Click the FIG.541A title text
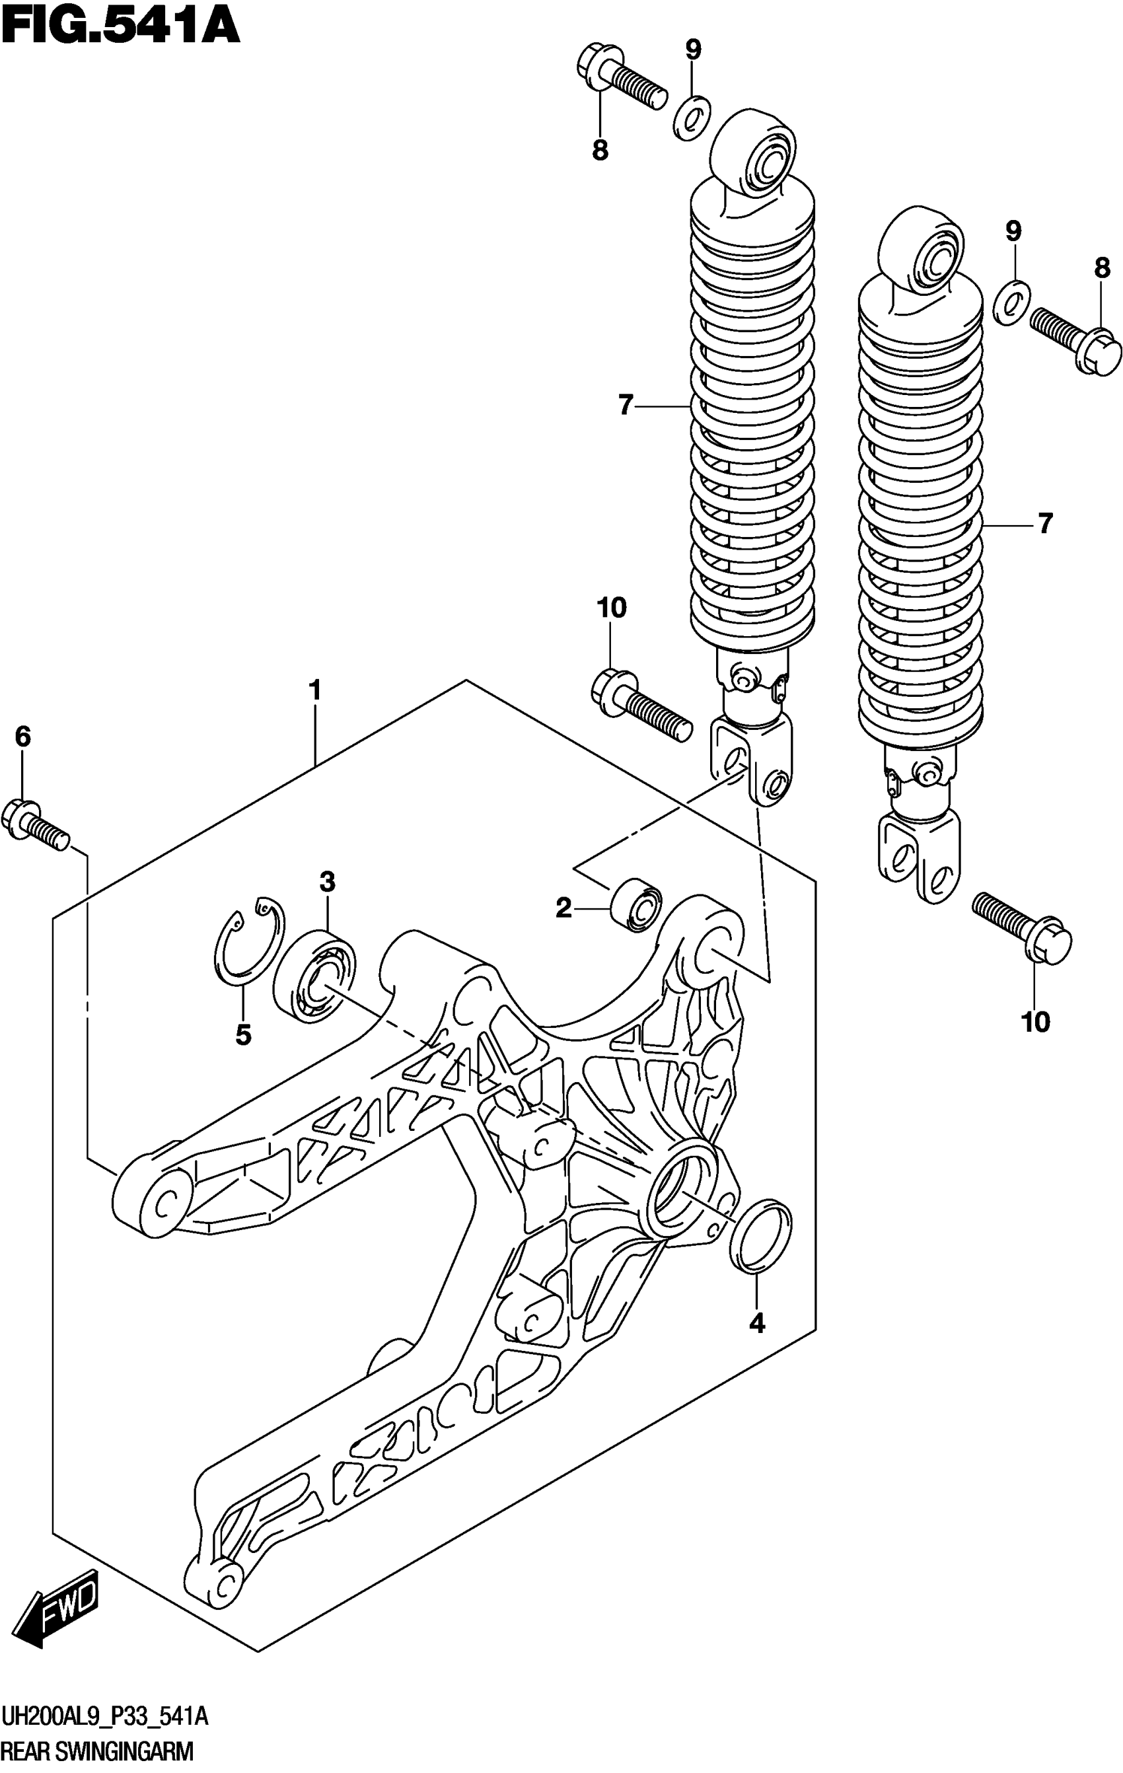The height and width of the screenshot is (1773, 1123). click(121, 26)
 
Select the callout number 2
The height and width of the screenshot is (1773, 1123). click(563, 910)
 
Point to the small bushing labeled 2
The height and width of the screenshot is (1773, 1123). click(637, 906)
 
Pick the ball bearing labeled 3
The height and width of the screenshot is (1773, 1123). click(314, 975)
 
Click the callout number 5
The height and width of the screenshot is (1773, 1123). click(243, 1035)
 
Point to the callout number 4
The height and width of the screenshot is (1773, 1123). click(757, 1323)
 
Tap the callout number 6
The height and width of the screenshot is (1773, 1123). click(23, 737)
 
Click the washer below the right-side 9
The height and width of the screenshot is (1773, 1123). click(1013, 302)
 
